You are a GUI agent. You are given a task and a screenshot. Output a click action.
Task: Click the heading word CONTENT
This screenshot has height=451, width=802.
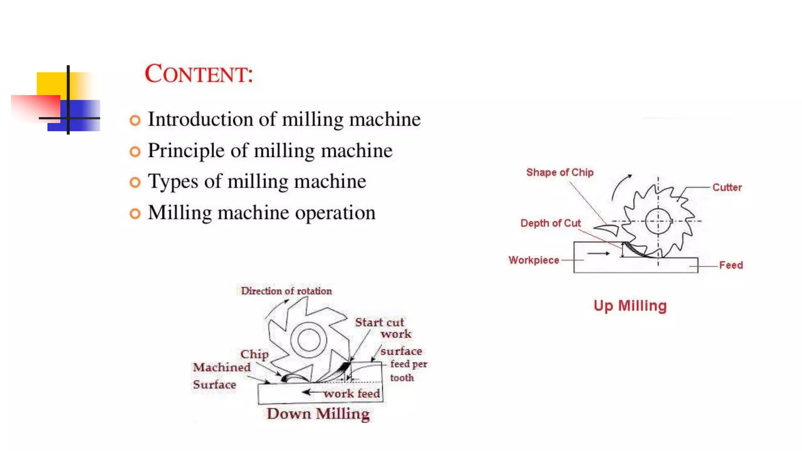(x=199, y=74)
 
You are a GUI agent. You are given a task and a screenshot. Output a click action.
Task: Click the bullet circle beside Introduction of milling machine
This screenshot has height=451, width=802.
(x=135, y=120)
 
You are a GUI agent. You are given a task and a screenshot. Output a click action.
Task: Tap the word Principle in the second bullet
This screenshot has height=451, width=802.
(x=186, y=151)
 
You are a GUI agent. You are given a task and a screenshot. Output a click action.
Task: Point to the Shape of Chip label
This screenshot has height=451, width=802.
(x=560, y=173)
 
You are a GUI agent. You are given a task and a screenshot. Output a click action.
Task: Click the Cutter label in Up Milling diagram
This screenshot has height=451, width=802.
(x=727, y=188)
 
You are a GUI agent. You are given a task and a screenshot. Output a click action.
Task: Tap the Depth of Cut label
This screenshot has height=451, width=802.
(x=550, y=223)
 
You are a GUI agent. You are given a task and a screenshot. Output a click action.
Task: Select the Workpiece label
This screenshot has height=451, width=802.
(x=533, y=260)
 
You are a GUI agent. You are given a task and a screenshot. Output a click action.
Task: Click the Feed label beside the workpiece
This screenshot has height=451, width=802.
(x=731, y=265)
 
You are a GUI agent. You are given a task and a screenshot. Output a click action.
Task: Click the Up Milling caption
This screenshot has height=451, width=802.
(x=630, y=306)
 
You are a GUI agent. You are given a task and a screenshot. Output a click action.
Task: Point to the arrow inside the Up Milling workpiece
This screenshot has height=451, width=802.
(x=598, y=253)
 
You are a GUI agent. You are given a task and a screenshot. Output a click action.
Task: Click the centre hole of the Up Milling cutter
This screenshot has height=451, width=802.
(x=658, y=221)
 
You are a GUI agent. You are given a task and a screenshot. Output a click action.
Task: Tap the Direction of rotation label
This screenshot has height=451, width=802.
(x=286, y=291)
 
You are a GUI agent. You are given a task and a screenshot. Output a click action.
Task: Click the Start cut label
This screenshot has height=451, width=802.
(x=379, y=323)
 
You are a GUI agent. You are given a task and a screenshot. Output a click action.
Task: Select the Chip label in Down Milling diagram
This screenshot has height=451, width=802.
(x=254, y=354)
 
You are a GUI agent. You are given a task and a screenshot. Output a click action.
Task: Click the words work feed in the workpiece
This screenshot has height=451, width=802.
(x=352, y=393)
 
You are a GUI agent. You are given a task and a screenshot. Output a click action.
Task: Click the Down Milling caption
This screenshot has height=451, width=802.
(x=318, y=414)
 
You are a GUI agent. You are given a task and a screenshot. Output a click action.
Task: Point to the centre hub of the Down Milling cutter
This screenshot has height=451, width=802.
(x=309, y=340)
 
